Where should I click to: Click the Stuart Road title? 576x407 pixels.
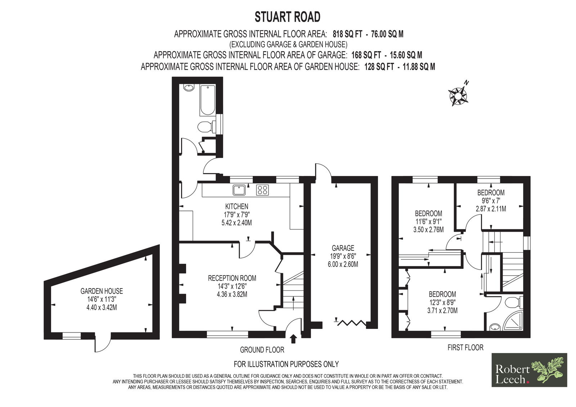(288, 17)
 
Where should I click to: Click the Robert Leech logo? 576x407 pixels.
(529, 370)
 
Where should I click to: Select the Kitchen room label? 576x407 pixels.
(237, 206)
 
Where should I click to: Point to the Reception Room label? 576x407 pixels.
(232, 278)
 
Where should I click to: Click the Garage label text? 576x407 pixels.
(343, 248)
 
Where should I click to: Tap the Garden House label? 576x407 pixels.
(102, 291)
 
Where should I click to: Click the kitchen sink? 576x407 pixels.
(239, 190)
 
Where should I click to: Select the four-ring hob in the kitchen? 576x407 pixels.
(262, 190)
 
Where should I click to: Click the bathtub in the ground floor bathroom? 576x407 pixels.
(207, 100)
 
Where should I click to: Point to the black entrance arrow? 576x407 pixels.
(293, 339)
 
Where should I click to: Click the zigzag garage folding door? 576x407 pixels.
(351, 323)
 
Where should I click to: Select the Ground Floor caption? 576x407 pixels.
(262, 350)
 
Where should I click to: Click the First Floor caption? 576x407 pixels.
(465, 348)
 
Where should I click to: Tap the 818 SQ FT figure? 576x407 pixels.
(348, 34)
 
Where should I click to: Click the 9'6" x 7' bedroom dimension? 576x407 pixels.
(491, 200)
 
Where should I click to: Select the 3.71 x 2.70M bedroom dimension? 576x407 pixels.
(442, 311)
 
